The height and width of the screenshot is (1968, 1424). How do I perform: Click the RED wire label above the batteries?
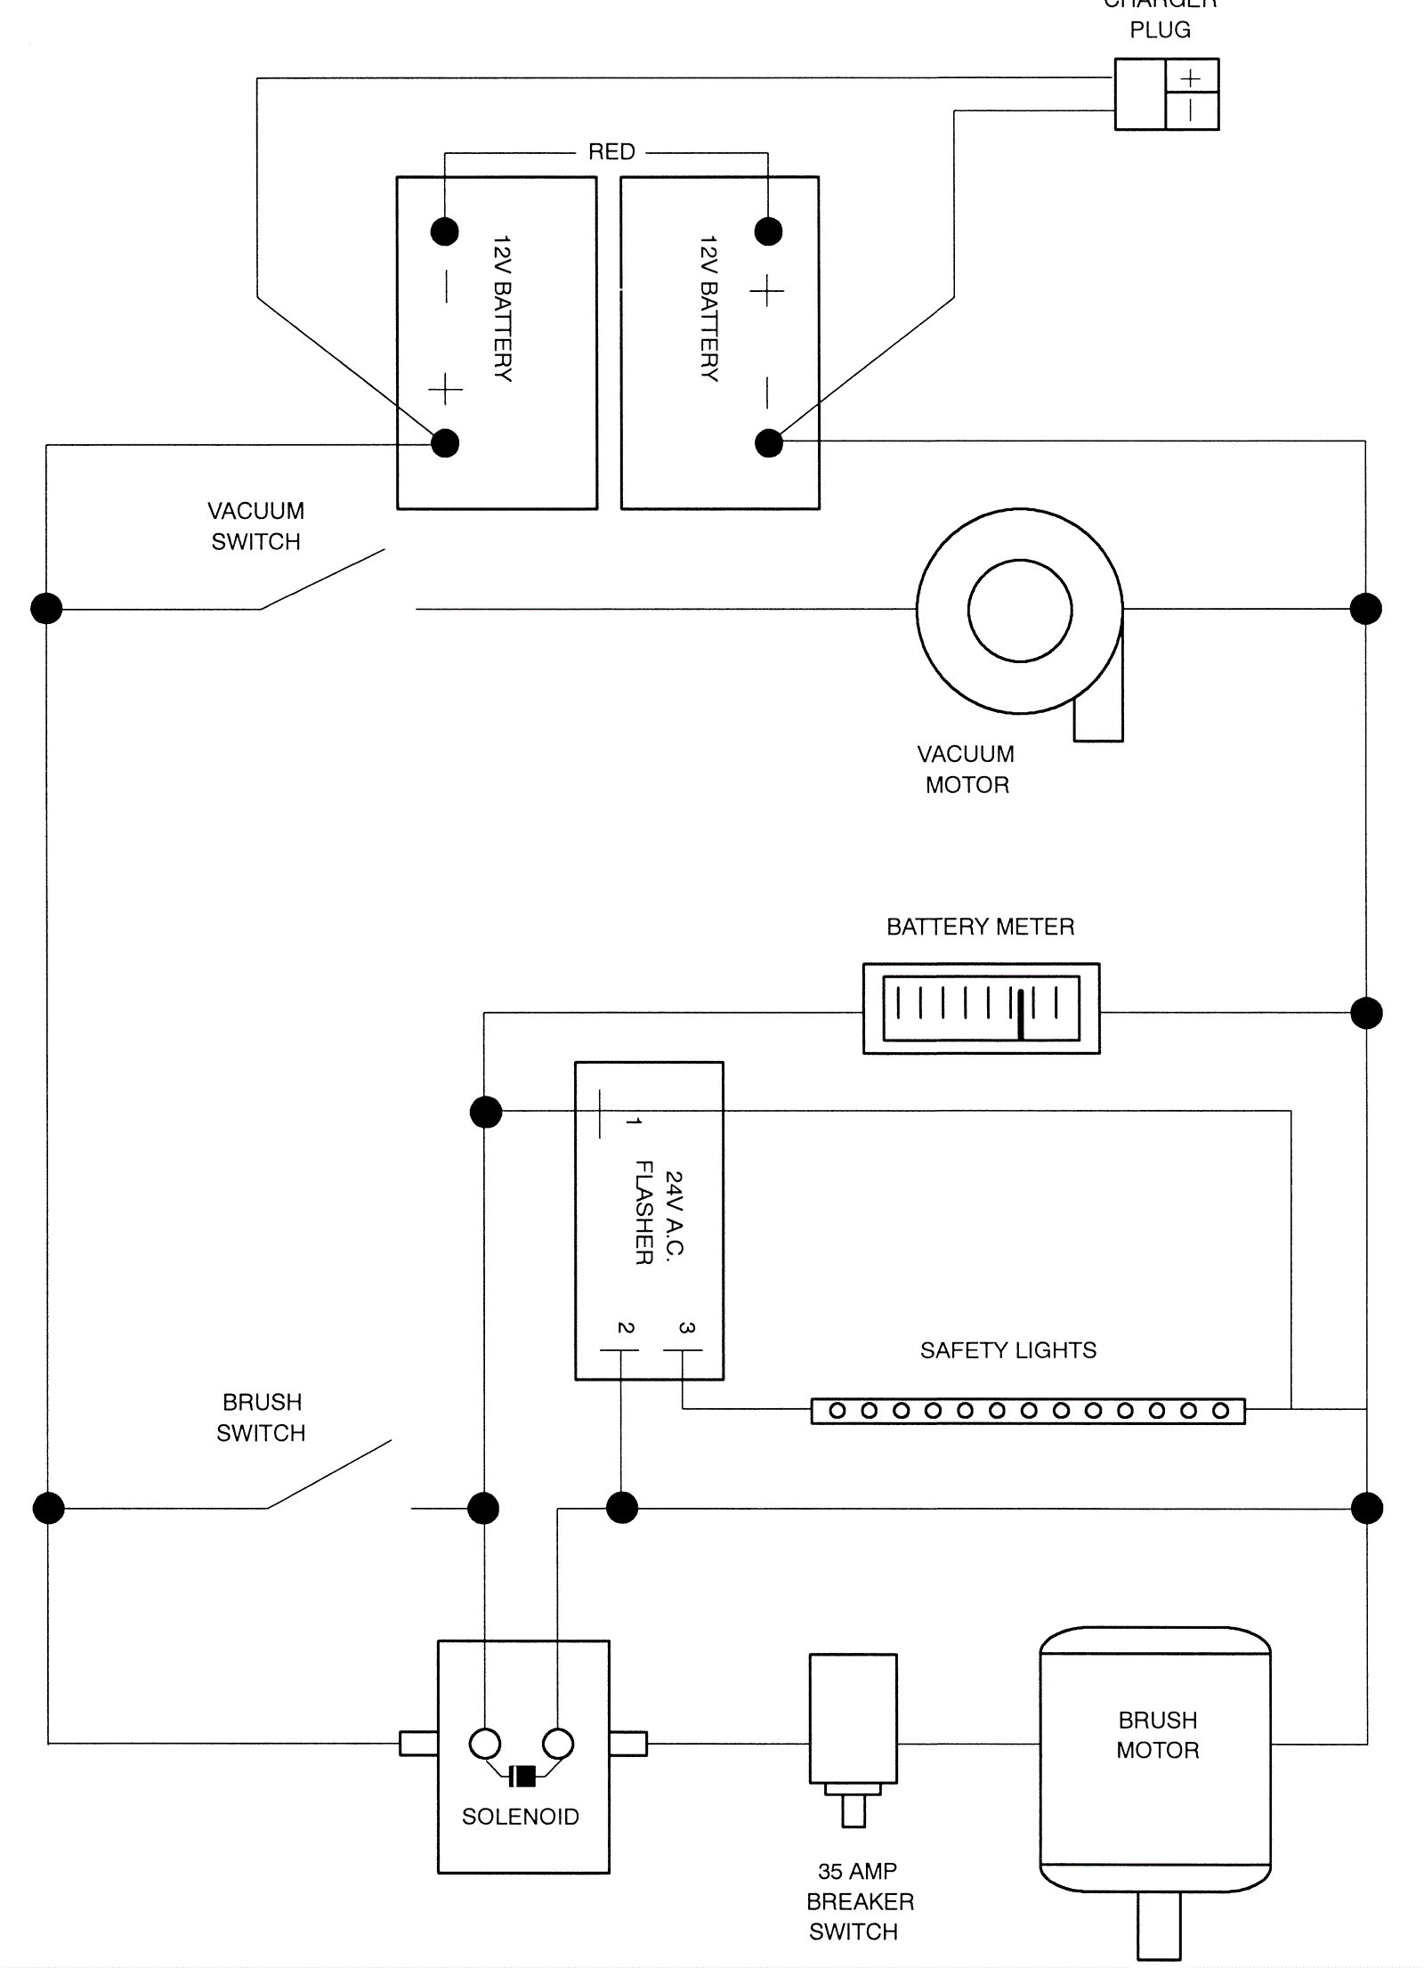click(x=611, y=152)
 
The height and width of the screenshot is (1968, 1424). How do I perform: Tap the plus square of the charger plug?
click(x=1191, y=78)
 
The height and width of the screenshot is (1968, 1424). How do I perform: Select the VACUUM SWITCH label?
click(x=255, y=526)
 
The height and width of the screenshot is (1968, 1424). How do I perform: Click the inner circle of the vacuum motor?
click(x=1020, y=611)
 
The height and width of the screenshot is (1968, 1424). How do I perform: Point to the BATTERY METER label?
click(x=980, y=927)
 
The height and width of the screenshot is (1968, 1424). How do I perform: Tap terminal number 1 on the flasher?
click(x=633, y=1122)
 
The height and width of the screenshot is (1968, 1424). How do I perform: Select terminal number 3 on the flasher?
click(x=685, y=1327)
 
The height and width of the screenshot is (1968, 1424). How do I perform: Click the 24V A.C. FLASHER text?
click(x=659, y=1212)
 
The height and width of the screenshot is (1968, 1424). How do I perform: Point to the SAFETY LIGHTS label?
click(x=1007, y=1350)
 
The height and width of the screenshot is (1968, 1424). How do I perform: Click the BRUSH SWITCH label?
click(x=261, y=1417)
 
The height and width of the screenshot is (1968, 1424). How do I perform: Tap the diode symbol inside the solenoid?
click(x=523, y=1776)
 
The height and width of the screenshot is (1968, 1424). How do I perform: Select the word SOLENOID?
click(x=520, y=1816)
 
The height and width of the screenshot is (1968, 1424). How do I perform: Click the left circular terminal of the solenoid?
click(x=485, y=1744)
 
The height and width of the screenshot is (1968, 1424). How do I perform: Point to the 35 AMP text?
click(x=857, y=1871)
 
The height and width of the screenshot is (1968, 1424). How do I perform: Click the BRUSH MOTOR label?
click(x=1157, y=1735)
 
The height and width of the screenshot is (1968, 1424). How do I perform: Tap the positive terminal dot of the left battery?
click(x=445, y=442)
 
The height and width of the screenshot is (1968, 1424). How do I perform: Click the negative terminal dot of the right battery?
click(x=769, y=442)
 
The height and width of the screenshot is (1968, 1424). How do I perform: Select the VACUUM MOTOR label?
click(x=967, y=769)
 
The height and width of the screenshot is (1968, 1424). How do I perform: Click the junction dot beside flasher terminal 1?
click(x=486, y=1112)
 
